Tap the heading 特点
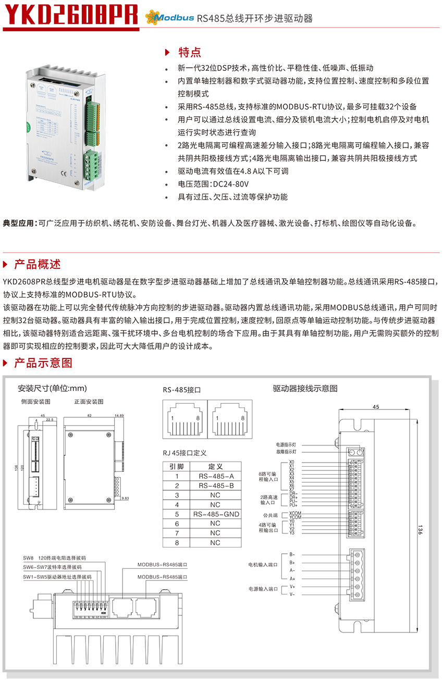(189, 53)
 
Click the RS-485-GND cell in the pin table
(216, 514)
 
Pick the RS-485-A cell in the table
(216, 476)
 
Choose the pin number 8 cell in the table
(177, 543)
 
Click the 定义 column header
(216, 467)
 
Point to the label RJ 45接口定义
(184, 453)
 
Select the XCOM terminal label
(295, 514)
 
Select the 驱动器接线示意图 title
(305, 389)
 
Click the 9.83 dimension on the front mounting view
(125, 499)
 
